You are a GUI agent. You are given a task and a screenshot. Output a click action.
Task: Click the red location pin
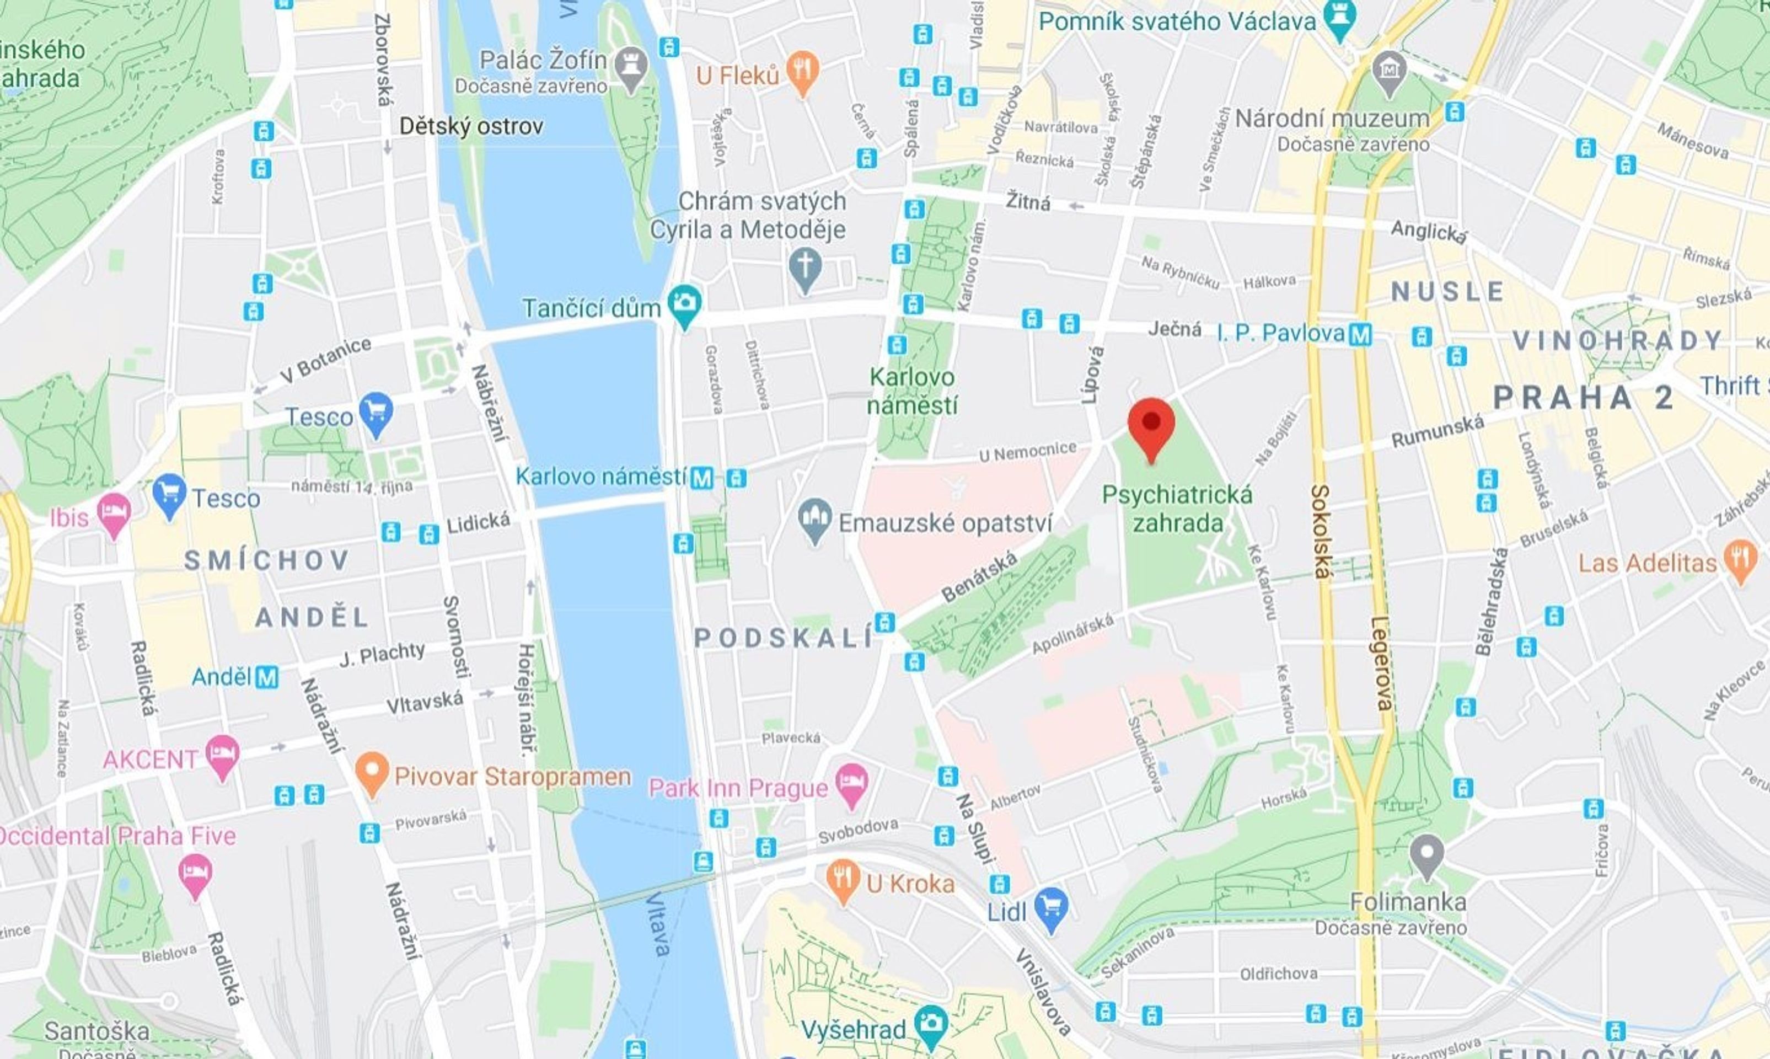click(x=1151, y=423)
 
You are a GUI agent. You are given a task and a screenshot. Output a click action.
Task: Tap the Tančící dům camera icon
click(x=685, y=303)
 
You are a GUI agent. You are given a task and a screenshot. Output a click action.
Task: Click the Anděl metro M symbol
click(x=267, y=677)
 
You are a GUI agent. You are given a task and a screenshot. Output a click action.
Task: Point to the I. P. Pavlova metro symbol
click(x=1360, y=334)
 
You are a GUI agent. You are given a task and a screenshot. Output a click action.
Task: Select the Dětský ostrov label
click(x=471, y=126)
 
